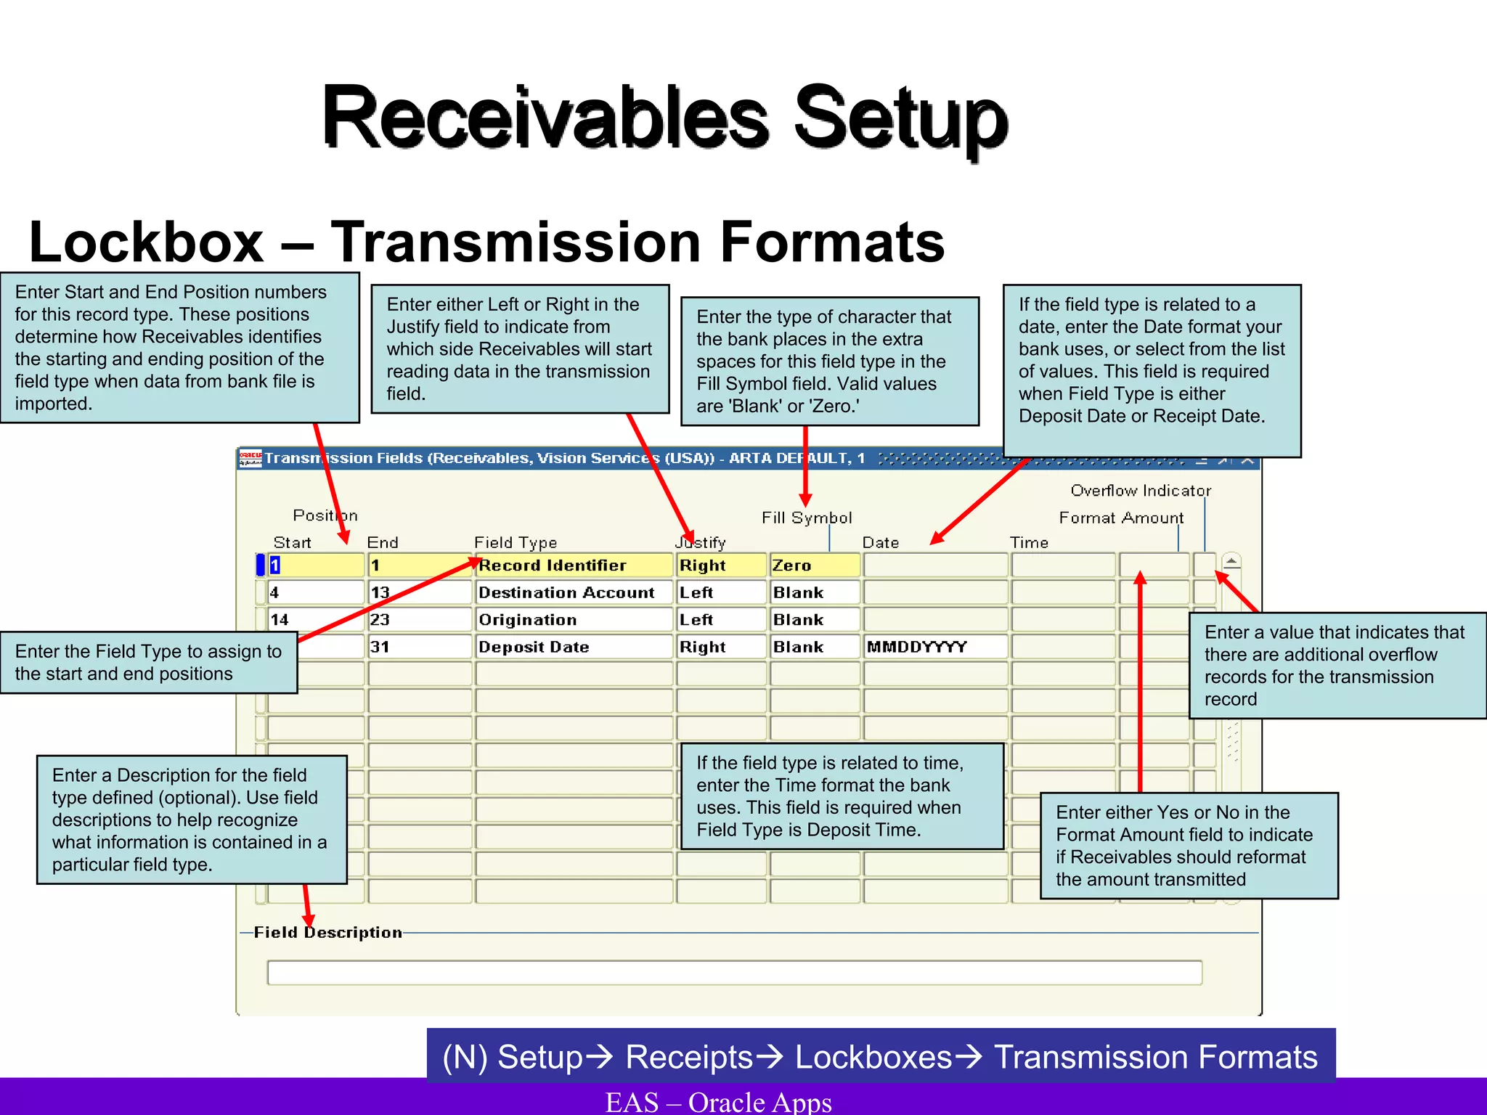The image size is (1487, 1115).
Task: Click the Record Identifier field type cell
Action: (x=574, y=565)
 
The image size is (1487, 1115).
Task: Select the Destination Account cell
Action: (x=574, y=592)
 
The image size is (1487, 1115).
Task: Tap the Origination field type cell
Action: (x=574, y=620)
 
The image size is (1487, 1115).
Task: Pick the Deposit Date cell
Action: (x=574, y=647)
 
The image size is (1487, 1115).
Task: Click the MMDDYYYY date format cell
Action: (x=935, y=647)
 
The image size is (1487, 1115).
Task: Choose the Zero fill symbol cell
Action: (x=814, y=565)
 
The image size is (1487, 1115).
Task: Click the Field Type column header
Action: (x=516, y=542)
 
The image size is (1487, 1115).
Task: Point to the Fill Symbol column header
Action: (x=807, y=518)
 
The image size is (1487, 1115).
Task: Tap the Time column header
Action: (x=1029, y=542)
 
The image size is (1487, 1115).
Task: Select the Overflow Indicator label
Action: (x=1141, y=491)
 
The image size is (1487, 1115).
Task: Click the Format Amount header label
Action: (x=1121, y=518)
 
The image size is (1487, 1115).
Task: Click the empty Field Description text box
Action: (x=734, y=972)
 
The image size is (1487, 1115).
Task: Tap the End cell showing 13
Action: (x=419, y=592)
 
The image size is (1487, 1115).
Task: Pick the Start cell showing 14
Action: (x=315, y=620)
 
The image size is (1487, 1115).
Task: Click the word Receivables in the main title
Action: (x=545, y=118)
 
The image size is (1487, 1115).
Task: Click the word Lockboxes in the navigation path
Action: (x=873, y=1057)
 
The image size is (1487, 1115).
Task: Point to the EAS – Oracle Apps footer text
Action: (x=718, y=1102)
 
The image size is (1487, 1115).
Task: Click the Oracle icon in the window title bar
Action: (x=250, y=458)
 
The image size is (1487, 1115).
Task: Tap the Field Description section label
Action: (x=327, y=932)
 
